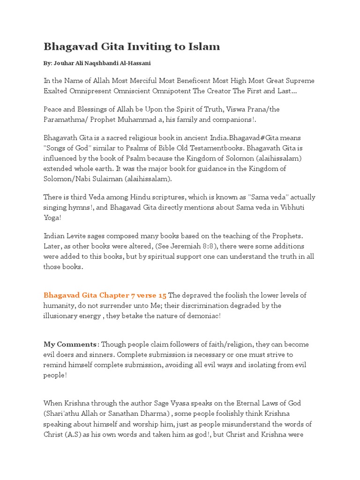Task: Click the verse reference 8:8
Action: [207, 246]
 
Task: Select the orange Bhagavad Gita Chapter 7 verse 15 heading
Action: [105, 295]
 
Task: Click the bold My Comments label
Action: [70, 345]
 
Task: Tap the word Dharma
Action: [157, 413]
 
